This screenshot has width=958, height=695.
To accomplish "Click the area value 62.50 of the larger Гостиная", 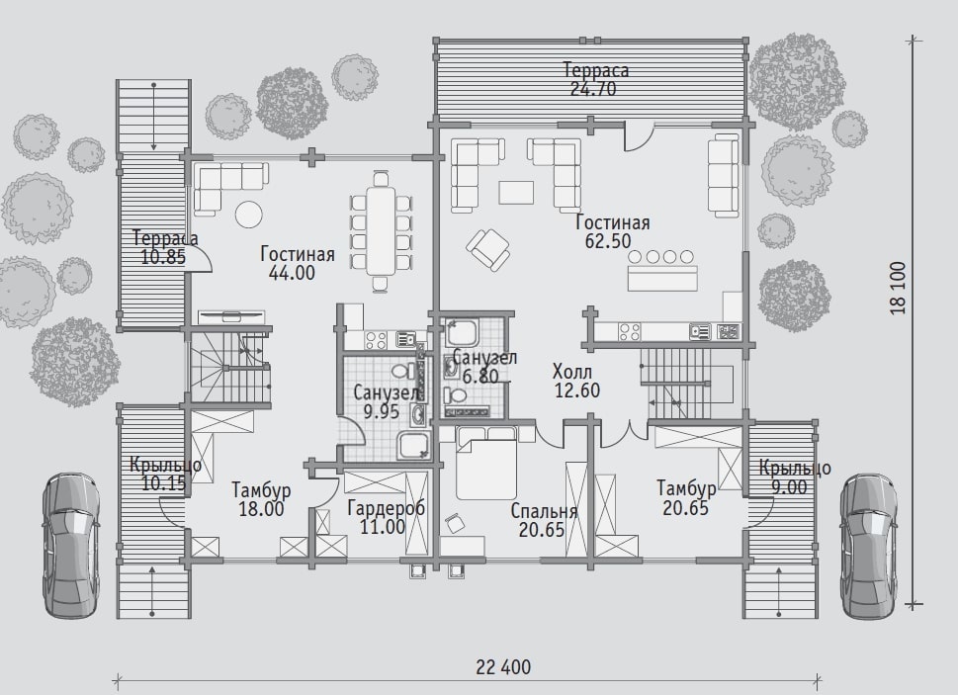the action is click(x=608, y=241).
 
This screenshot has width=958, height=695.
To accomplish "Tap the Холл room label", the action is click(x=571, y=371).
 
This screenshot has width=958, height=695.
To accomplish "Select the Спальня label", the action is click(x=544, y=511).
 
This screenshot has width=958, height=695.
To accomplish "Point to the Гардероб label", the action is click(x=387, y=508).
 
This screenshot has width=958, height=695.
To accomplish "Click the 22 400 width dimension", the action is click(x=503, y=667).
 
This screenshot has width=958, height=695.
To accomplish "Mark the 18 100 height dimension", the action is click(x=898, y=288).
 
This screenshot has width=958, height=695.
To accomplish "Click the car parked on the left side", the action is click(x=71, y=546).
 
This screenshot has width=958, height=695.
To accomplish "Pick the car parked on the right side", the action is click(x=870, y=546).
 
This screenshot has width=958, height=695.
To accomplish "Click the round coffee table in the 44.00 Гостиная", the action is click(x=249, y=215).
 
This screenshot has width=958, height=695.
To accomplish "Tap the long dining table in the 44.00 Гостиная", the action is click(x=381, y=231).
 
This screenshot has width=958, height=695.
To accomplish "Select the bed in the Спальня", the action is click(x=487, y=463).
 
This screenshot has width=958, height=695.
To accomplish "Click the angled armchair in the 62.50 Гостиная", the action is click(x=488, y=249).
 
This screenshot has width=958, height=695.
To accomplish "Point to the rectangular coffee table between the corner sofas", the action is click(x=516, y=192).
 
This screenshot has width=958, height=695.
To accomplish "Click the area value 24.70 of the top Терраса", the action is click(x=593, y=89).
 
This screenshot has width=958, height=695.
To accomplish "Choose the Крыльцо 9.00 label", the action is click(x=794, y=478).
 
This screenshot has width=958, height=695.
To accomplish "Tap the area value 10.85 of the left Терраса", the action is click(x=163, y=257).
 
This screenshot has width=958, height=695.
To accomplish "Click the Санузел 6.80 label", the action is click(x=484, y=367).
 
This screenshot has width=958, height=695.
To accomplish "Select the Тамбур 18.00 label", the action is click(x=261, y=499).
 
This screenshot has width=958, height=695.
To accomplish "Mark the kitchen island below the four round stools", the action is click(x=662, y=279).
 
